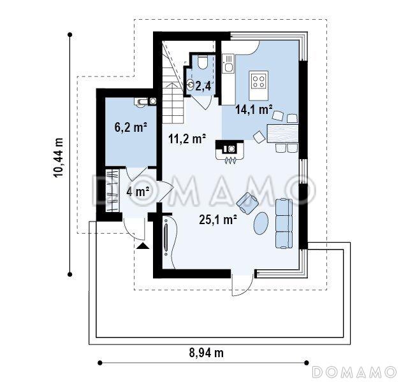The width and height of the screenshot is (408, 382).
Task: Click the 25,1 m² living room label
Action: [218, 220]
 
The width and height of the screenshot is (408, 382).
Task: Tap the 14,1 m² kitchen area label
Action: [254, 110]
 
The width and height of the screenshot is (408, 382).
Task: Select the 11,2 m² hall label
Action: [187, 139]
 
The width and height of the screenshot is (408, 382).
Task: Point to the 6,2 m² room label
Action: [131, 127]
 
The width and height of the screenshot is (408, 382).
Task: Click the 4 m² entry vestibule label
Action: [138, 192]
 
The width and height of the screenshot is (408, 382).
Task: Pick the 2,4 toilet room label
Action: [204, 86]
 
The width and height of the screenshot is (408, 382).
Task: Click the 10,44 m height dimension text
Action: [58, 157]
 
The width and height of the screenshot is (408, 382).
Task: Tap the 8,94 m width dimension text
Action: [206, 353]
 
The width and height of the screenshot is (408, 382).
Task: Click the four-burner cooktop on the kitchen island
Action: [258, 81]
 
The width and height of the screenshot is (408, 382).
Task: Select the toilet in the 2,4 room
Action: [202, 62]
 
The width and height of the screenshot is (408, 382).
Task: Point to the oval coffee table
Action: [261, 223]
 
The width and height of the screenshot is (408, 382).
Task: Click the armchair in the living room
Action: [247, 203]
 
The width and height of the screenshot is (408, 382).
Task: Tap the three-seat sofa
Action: [284, 223]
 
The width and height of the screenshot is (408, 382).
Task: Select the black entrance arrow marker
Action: [143, 246]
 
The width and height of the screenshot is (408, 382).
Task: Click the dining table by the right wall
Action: [282, 134]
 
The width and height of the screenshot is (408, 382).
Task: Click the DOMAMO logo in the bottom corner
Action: [354, 372]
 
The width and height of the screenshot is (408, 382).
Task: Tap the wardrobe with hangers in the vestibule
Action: [112, 190]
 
